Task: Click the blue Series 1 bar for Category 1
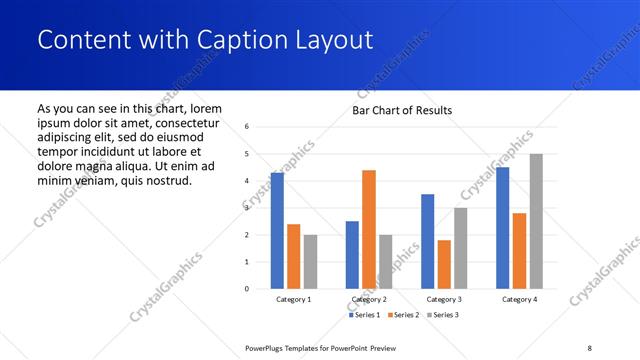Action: pyautogui.click(x=277, y=231)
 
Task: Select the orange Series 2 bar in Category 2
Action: pyautogui.click(x=369, y=229)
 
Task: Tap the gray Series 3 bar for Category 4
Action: pyautogui.click(x=536, y=221)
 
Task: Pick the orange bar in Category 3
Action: pyautogui.click(x=444, y=264)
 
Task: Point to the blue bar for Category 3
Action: pyautogui.click(x=428, y=241)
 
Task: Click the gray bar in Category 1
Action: pyautogui.click(x=310, y=261)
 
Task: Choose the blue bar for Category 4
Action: pyautogui.click(x=503, y=228)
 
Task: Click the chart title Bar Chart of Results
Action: pyautogui.click(x=402, y=110)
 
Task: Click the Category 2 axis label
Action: pyautogui.click(x=369, y=299)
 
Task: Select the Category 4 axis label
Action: pyautogui.click(x=519, y=299)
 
